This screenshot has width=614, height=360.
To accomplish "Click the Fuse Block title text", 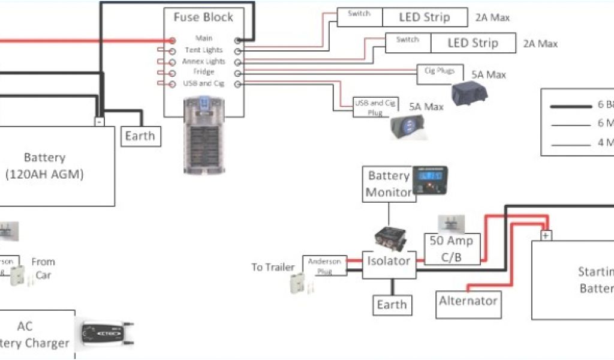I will click(x=203, y=17).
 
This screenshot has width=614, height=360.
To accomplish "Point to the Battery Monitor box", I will click(x=389, y=184).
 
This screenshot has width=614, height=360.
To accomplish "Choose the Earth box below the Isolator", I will click(x=392, y=305).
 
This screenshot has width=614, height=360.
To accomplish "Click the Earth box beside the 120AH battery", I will click(x=140, y=136).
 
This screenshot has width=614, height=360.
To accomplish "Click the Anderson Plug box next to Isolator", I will click(x=324, y=265).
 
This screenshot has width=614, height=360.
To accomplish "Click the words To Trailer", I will click(x=273, y=267).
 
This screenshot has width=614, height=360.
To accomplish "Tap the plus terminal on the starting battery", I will click(x=545, y=236).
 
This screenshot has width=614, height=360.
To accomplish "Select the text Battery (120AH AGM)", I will click(x=44, y=166).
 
